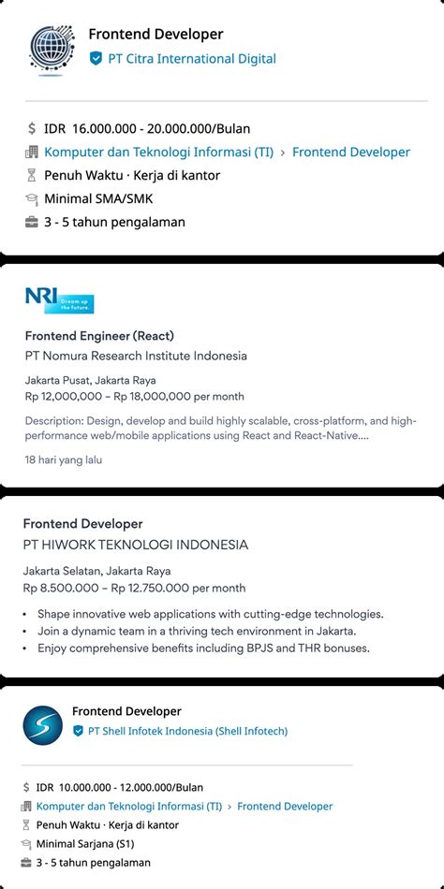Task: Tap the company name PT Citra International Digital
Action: (x=191, y=59)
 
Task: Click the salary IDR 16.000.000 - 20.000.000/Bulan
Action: (x=147, y=129)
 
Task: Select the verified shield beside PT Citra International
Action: (x=96, y=59)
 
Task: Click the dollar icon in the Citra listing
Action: (x=32, y=129)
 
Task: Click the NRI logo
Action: (x=59, y=299)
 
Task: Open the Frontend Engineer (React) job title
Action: (x=99, y=336)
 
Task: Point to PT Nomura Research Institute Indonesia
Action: (x=136, y=356)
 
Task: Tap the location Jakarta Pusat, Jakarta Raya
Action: (x=90, y=380)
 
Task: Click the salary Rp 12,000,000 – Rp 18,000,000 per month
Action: (x=135, y=397)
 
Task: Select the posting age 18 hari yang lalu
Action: (x=64, y=459)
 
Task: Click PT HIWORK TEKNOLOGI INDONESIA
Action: (x=136, y=545)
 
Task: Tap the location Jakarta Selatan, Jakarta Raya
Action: (x=97, y=571)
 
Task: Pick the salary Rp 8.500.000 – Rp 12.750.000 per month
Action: (x=135, y=588)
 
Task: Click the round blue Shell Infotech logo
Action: (x=42, y=725)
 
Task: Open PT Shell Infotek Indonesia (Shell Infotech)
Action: (x=186, y=731)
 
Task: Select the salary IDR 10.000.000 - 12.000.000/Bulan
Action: (x=120, y=788)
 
